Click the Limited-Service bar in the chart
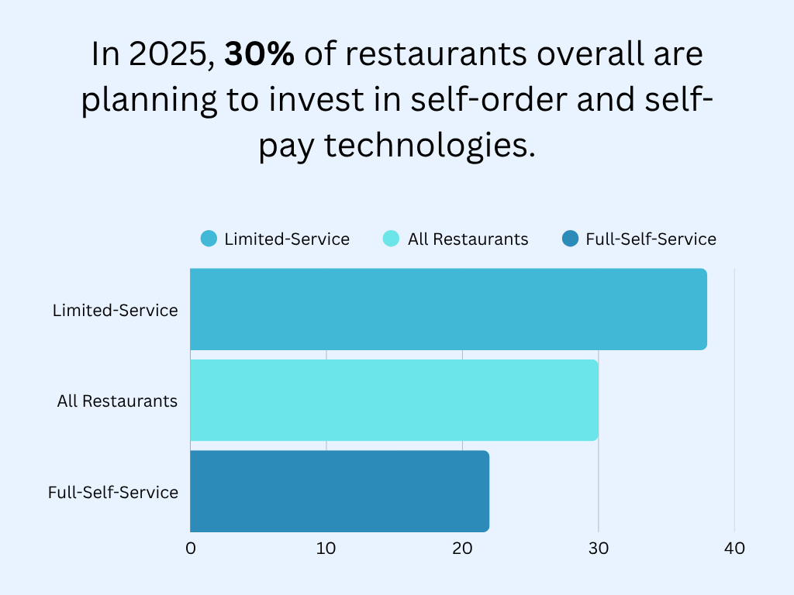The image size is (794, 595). coord(448,309)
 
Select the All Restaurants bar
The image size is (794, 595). coord(394,400)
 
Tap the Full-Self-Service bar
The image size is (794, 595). coord(340,491)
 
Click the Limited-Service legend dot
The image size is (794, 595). coord(209,239)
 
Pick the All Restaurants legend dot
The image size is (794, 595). coord(392,239)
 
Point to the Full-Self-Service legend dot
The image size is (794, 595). coord(570,239)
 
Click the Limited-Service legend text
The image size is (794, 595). coord(287,239)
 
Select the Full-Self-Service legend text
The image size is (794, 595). coord(651,239)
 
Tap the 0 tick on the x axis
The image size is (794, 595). coord(191,549)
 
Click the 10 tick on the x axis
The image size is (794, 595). coord(326,549)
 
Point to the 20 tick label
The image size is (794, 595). coord(462,549)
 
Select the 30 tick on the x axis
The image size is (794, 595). coord(598,549)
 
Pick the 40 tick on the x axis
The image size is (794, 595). coord(734,549)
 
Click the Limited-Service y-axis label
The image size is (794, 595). coord(116,311)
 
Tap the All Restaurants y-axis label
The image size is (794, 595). coord(117,401)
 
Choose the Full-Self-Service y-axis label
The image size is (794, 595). coord(113,492)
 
